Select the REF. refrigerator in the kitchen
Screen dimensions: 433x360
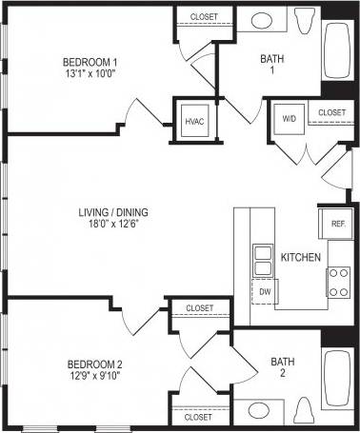coord(337,225)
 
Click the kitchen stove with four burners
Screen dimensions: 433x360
coord(338,281)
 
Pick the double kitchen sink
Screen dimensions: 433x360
coord(262,258)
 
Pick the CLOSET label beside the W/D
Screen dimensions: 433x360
coord(331,112)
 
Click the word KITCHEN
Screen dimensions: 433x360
coord(300,258)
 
